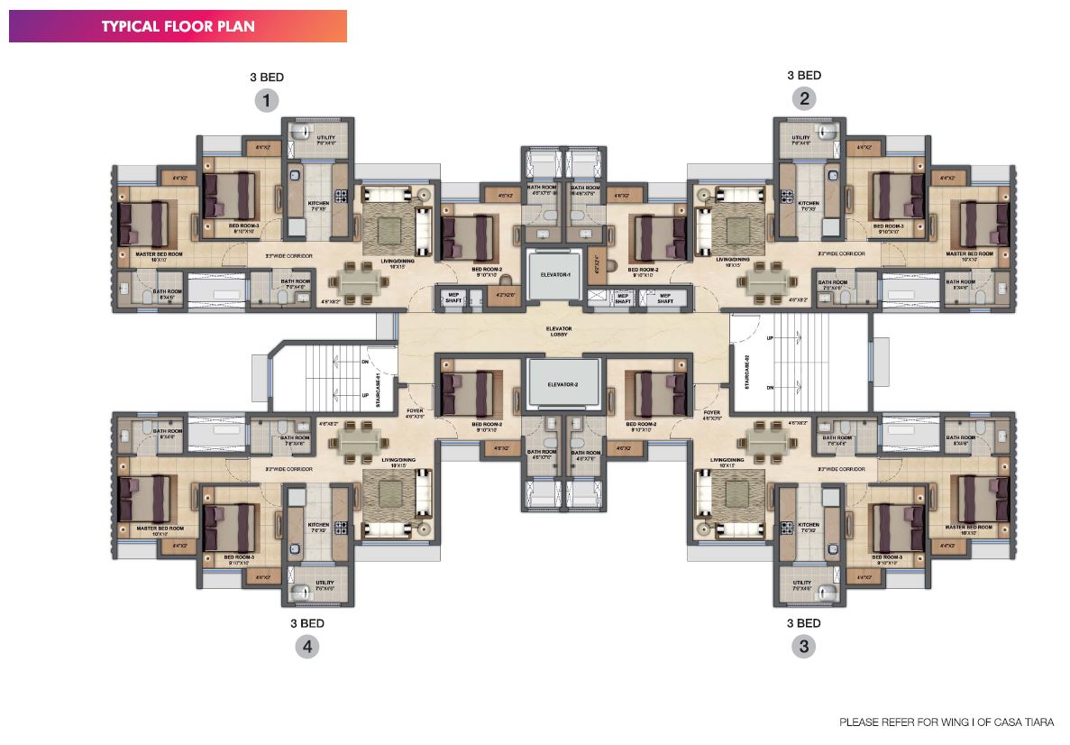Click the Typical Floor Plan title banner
click(x=178, y=26)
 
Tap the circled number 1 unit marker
click(x=267, y=99)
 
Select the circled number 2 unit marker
click(x=803, y=99)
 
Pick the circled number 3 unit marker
click(x=803, y=646)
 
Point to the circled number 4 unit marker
click(x=307, y=646)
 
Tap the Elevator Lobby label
click(x=559, y=332)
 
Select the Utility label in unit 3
click(x=802, y=584)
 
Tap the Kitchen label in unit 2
click(x=809, y=205)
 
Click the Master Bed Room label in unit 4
click(x=160, y=529)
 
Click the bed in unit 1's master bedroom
click(x=144, y=223)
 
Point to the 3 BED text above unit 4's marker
click(x=307, y=622)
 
